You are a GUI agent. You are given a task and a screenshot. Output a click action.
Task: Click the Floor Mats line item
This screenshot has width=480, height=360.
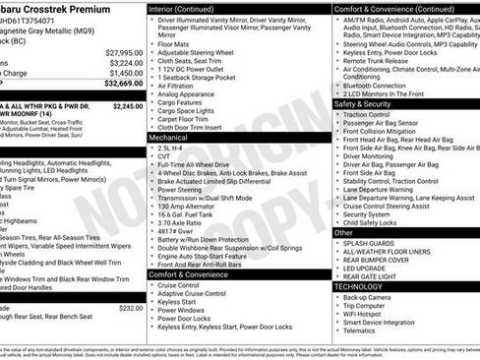[174, 44]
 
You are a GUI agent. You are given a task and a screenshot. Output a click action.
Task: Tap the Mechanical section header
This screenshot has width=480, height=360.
[168, 139]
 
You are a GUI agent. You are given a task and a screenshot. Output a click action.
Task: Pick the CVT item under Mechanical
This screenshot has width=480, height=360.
[163, 155]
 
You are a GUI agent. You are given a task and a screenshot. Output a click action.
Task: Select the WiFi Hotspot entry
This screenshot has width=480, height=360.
[368, 313]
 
